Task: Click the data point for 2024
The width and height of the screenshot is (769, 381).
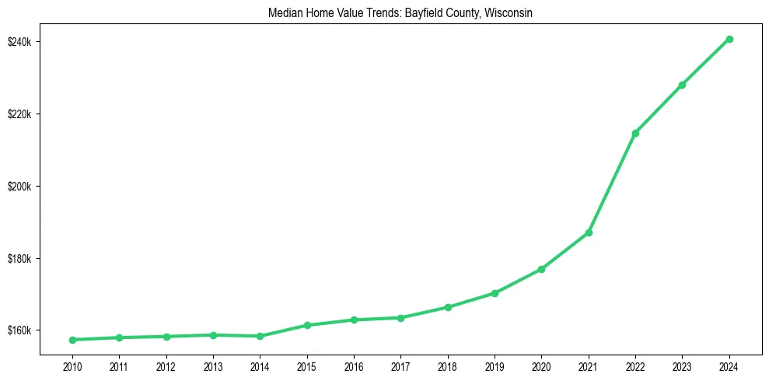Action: tap(729, 39)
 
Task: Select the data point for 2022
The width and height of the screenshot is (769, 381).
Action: tap(635, 133)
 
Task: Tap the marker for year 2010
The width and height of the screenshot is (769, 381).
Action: tap(72, 340)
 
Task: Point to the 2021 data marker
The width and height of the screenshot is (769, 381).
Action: tap(589, 232)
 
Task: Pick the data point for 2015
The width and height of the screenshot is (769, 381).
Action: tap(307, 325)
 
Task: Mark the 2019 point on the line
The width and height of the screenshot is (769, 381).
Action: tap(495, 293)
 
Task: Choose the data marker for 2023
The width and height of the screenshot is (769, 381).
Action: tap(682, 85)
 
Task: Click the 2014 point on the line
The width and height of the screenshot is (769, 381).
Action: tap(260, 336)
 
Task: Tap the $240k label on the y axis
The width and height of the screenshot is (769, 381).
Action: tap(20, 41)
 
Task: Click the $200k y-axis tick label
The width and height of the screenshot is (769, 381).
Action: tap(20, 187)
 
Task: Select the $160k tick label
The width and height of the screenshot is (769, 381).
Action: tap(20, 330)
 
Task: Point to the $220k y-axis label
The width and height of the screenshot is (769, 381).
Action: tap(20, 114)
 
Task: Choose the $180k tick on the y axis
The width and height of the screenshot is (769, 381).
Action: tap(20, 259)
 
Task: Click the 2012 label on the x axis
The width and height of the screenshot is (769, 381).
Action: tap(166, 365)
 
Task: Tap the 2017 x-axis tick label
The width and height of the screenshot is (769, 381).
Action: tap(400, 365)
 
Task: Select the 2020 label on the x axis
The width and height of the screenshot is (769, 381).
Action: tap(541, 365)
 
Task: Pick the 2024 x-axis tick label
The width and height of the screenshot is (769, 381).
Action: tap(729, 365)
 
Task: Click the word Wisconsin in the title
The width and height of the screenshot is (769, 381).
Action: tap(509, 14)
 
